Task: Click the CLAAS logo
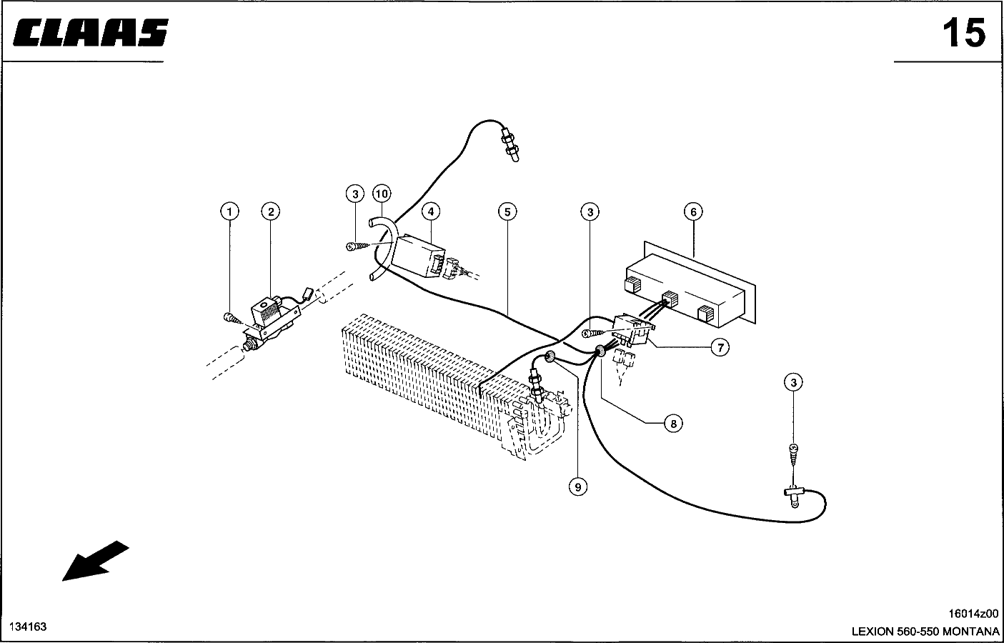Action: click(91, 32)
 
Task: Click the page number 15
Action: click(964, 33)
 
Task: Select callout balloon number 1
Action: click(229, 211)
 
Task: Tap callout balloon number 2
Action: click(271, 211)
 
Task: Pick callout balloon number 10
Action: click(382, 194)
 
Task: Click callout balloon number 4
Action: click(431, 211)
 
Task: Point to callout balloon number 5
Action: click(507, 211)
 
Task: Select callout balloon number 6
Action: click(693, 211)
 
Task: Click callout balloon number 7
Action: click(720, 347)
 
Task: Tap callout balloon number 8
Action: click(673, 424)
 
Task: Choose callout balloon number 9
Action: click(578, 487)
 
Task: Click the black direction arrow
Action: click(95, 561)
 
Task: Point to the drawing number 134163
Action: click(28, 627)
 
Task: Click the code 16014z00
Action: click(973, 614)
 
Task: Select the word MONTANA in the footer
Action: click(971, 632)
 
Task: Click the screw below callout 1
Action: click(231, 319)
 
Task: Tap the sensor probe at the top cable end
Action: click(511, 144)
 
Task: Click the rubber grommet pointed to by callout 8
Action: click(600, 352)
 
